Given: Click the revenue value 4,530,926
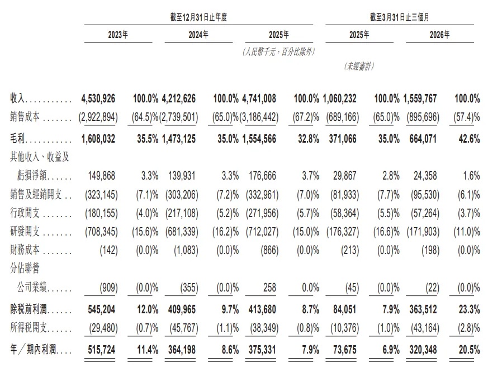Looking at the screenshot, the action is click(x=98, y=99).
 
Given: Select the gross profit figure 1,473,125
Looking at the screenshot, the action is click(x=179, y=139).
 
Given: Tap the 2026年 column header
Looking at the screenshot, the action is click(x=439, y=34).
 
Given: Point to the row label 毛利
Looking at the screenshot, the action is click(x=17, y=138).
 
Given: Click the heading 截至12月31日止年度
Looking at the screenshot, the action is click(x=198, y=17).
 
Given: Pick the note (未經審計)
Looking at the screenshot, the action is click(x=359, y=66).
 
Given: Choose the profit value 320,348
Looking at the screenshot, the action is click(x=423, y=350).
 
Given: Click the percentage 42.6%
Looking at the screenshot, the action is click(x=469, y=139).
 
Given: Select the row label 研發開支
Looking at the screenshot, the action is click(x=25, y=231).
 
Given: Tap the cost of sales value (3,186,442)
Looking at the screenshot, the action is click(x=259, y=117).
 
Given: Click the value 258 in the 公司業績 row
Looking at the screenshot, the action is click(x=269, y=288).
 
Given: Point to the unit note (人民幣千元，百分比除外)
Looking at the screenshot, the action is click(x=278, y=51).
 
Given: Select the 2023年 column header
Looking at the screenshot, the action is click(x=118, y=34).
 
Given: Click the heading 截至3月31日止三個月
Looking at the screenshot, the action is click(x=399, y=17).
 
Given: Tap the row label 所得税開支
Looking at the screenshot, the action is click(x=29, y=327).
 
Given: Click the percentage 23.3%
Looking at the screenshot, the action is click(x=469, y=309).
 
